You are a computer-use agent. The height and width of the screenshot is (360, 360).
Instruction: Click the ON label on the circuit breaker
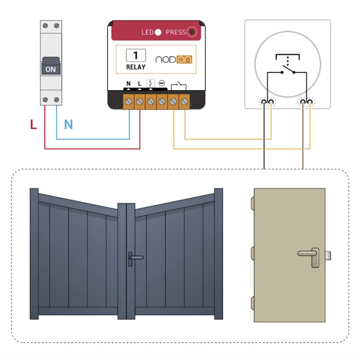[50, 69]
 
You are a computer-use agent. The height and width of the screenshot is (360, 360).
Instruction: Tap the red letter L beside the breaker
[33, 125]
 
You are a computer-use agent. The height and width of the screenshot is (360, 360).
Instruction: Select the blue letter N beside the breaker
[68, 125]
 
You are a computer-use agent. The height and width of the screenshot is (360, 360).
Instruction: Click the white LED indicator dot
[158, 32]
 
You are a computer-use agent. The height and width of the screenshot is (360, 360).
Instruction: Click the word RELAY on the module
[135, 67]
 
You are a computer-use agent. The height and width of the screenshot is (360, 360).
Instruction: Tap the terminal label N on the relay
[129, 84]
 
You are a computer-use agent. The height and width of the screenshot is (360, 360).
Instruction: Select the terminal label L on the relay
[139, 84]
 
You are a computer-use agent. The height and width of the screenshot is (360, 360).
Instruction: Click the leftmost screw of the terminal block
[129, 103]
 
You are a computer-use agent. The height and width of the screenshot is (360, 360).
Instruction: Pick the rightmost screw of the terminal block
[184, 103]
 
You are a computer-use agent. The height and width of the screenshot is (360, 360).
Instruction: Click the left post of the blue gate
[34, 254]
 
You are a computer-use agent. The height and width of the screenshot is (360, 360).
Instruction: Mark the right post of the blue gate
[219, 254]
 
